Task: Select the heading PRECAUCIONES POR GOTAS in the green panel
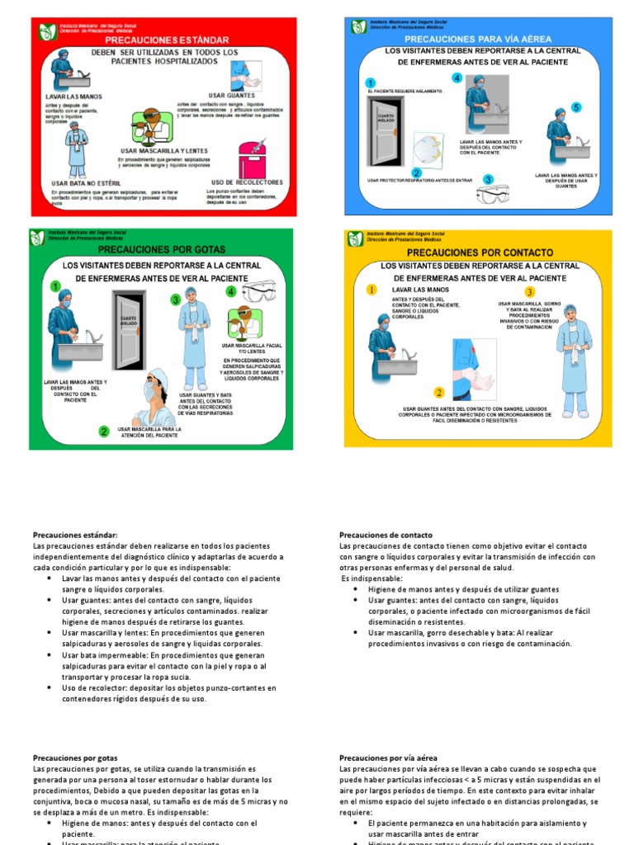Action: (x=161, y=248)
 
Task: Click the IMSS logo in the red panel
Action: (x=46, y=31)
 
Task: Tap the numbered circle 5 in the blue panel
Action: (x=576, y=107)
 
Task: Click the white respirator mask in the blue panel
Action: (x=427, y=150)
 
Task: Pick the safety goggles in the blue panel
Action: (x=494, y=194)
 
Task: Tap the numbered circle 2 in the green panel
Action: (x=104, y=431)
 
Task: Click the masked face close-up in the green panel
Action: (x=154, y=396)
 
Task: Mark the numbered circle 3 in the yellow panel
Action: (x=530, y=292)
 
